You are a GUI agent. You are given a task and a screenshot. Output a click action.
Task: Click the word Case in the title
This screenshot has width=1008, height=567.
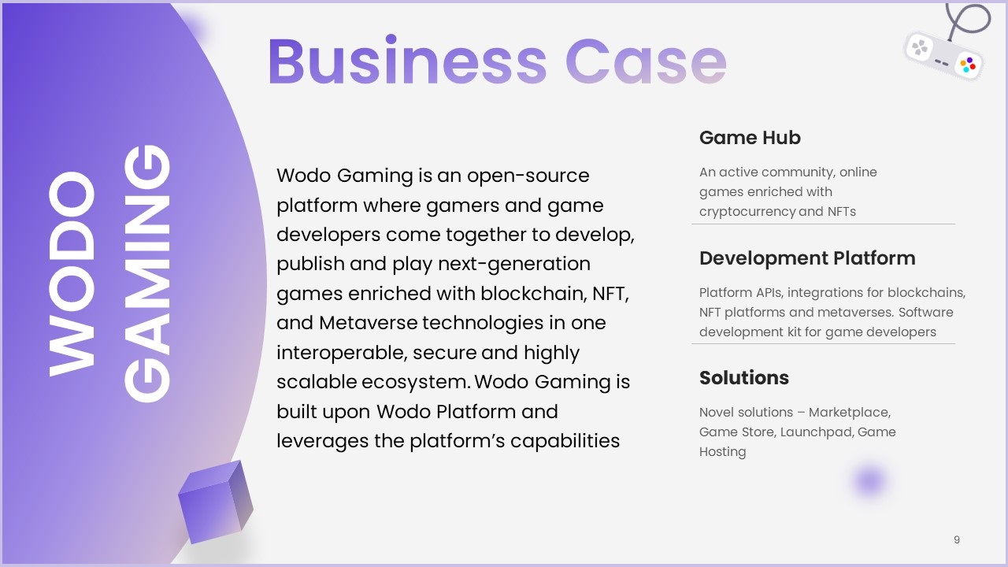click(646, 61)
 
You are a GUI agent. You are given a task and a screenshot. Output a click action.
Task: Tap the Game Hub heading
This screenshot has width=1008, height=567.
click(750, 138)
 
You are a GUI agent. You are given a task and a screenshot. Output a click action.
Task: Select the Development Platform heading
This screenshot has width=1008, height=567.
click(807, 258)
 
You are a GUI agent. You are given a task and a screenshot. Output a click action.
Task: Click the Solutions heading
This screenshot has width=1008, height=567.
click(744, 378)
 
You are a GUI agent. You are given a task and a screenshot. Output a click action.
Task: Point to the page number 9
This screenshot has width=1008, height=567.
click(957, 539)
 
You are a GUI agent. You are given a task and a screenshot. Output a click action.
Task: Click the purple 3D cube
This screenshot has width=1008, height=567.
click(216, 502)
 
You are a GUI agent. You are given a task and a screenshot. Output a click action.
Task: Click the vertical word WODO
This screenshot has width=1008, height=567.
click(72, 273)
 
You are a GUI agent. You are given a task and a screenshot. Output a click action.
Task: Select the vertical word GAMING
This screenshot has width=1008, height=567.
click(147, 273)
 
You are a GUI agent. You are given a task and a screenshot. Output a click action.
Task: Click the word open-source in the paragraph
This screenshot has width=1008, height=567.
click(528, 176)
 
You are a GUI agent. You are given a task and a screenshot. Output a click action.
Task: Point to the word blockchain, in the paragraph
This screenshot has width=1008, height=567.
click(534, 294)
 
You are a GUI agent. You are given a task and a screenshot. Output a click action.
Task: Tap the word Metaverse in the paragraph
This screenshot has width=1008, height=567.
click(368, 323)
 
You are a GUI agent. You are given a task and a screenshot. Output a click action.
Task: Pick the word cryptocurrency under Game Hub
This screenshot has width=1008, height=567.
click(747, 212)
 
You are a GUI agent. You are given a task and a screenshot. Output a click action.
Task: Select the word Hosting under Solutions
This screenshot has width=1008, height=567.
click(722, 452)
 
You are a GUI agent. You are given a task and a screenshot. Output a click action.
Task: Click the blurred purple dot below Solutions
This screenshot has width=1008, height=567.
click(869, 480)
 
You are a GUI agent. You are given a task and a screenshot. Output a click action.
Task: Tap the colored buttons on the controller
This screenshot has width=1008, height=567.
click(968, 65)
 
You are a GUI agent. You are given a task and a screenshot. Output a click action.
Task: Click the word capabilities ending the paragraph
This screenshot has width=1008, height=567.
click(565, 442)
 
